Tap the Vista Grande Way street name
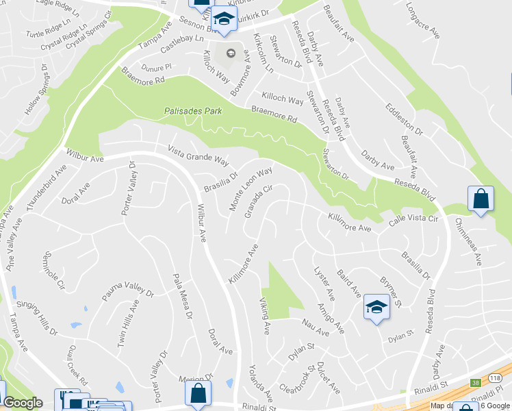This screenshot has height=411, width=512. [199, 155]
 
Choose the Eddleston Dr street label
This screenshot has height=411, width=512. [404, 119]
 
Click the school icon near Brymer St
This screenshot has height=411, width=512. [376, 308]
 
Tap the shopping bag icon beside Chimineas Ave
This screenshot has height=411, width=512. [481, 199]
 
